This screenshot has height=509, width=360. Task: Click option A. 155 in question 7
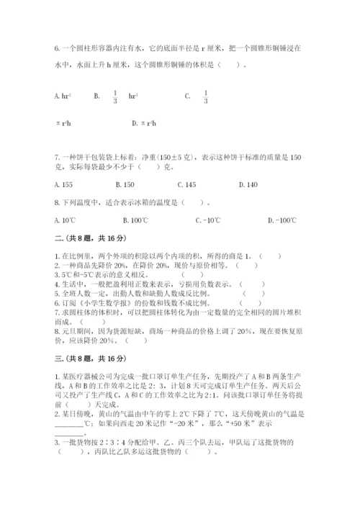(65, 184)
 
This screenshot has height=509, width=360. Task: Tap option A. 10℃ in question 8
(65, 220)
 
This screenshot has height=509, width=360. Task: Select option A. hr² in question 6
(63, 95)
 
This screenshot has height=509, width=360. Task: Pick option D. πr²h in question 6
(144, 123)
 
